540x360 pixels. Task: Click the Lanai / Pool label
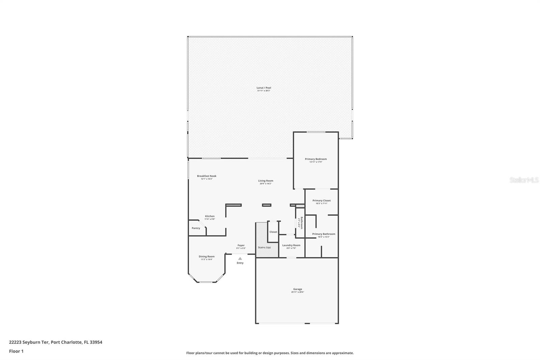(x=264, y=88)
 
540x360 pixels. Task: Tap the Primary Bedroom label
(x=316, y=159)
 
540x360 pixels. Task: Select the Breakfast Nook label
(x=207, y=176)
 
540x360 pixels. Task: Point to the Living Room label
(x=266, y=181)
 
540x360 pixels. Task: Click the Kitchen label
(x=210, y=216)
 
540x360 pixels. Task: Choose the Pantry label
(x=196, y=228)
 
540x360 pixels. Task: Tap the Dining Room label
(x=206, y=256)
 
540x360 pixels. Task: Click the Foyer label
(x=241, y=246)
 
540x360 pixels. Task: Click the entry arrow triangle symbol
(x=240, y=258)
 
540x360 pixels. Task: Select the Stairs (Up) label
(x=264, y=247)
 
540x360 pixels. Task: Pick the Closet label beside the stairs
(x=273, y=232)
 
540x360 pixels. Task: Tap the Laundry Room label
(x=291, y=245)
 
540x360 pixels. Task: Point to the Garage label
(x=297, y=289)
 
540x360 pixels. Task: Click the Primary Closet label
(x=321, y=201)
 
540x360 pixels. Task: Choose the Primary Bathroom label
(x=323, y=234)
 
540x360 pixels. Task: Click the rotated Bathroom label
(x=301, y=223)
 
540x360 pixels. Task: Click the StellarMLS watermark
(x=524, y=180)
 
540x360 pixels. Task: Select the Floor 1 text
(x=16, y=351)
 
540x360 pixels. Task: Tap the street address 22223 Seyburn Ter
(x=29, y=342)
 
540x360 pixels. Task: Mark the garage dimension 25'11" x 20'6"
(x=297, y=292)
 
